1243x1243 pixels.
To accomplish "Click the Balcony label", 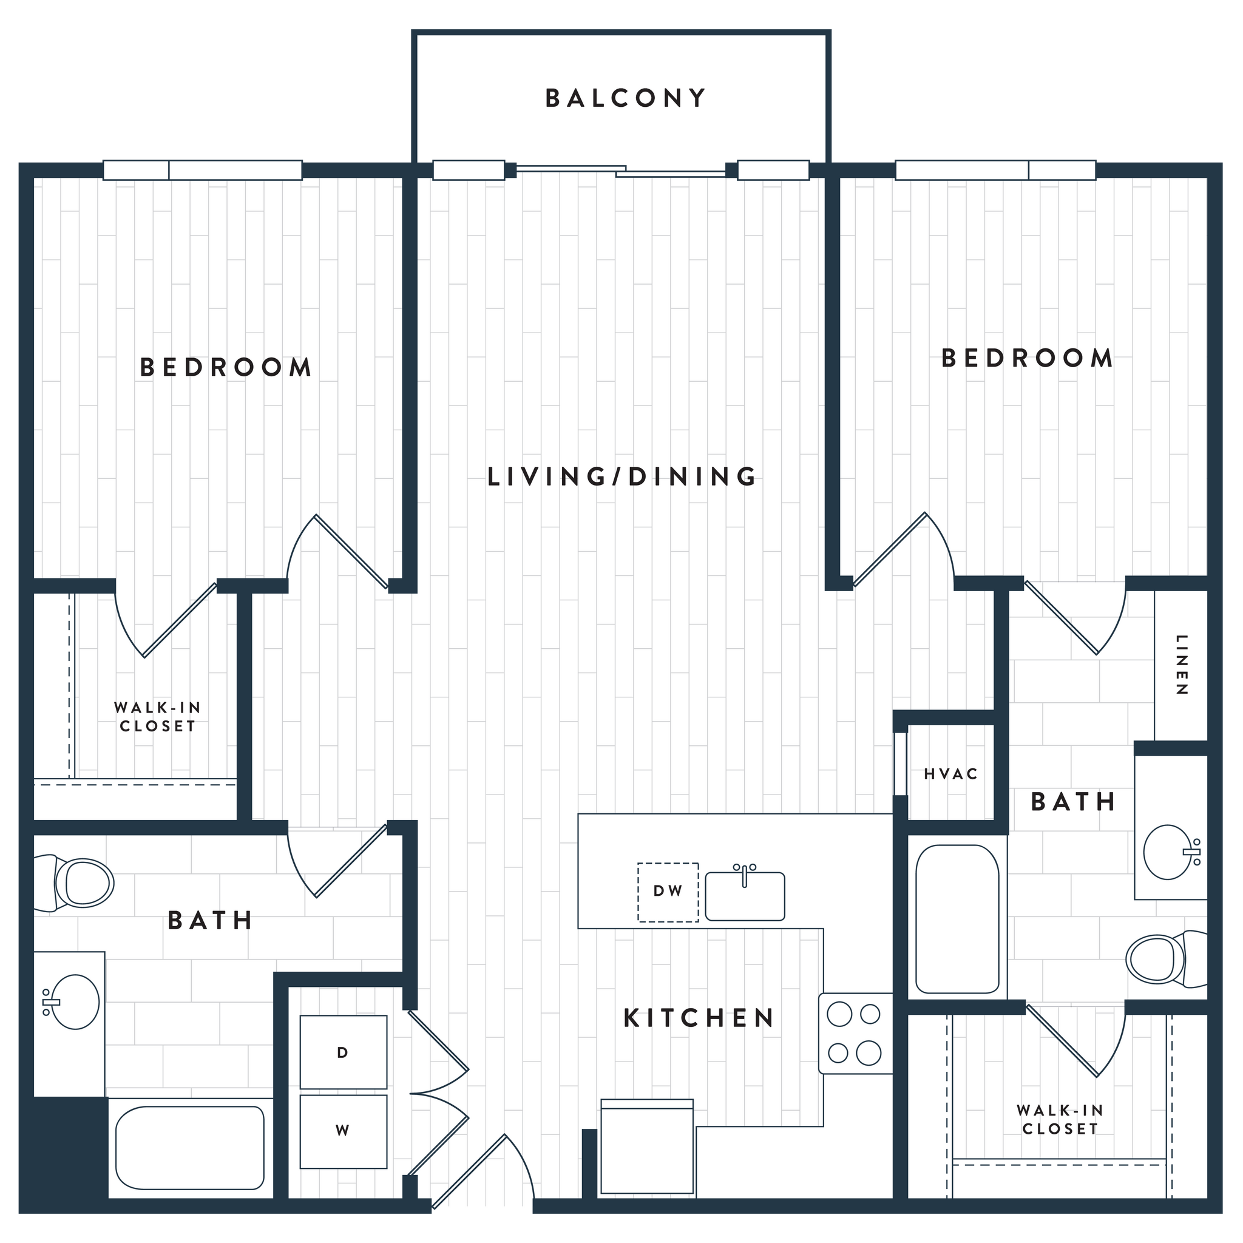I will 625,98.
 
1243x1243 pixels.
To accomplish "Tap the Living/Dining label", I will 621,476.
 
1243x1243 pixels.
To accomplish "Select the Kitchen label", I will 699,1018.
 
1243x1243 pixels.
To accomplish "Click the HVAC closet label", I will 951,774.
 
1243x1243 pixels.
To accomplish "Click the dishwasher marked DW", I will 668,892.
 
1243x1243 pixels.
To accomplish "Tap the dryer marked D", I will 343,1052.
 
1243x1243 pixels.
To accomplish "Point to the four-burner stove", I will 855,1034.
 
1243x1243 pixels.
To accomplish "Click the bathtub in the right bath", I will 957,920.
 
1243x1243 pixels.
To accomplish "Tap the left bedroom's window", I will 202,171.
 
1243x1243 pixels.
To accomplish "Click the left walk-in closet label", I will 157,717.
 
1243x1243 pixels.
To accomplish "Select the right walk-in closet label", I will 1060,1119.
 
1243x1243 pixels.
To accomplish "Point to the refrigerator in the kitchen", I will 647,1147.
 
